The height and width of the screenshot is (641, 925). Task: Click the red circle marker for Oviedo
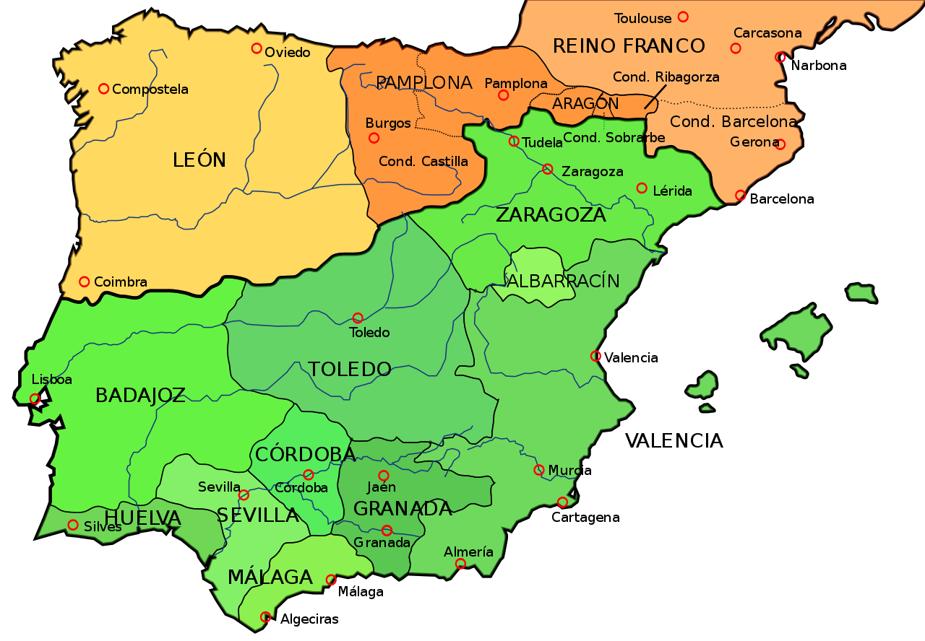click(x=257, y=48)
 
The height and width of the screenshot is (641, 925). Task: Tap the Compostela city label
click(x=150, y=90)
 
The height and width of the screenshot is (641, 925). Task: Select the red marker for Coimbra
click(x=85, y=282)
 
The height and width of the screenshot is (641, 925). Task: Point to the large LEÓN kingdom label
click(x=199, y=160)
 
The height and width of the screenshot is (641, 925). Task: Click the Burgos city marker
click(x=374, y=138)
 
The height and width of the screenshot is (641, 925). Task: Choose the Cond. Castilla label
click(x=423, y=162)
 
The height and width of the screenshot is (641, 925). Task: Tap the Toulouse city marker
click(x=683, y=17)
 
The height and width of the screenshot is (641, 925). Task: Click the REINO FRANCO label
click(x=629, y=46)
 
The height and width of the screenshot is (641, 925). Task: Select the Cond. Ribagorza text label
click(x=666, y=77)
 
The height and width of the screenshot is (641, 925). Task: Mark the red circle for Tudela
click(x=514, y=141)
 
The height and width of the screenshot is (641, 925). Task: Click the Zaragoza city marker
click(x=548, y=169)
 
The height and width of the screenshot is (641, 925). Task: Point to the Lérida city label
click(x=672, y=191)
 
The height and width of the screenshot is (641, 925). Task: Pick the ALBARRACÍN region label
click(x=564, y=282)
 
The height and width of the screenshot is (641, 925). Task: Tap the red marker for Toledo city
click(x=358, y=318)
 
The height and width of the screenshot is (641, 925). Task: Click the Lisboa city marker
click(x=35, y=398)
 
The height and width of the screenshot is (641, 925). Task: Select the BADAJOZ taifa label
click(x=140, y=396)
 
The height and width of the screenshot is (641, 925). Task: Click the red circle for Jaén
click(x=384, y=475)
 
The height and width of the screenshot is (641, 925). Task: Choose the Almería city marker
click(x=460, y=564)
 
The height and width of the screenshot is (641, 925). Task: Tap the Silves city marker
click(x=73, y=525)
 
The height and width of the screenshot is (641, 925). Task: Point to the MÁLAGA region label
click(x=270, y=577)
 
